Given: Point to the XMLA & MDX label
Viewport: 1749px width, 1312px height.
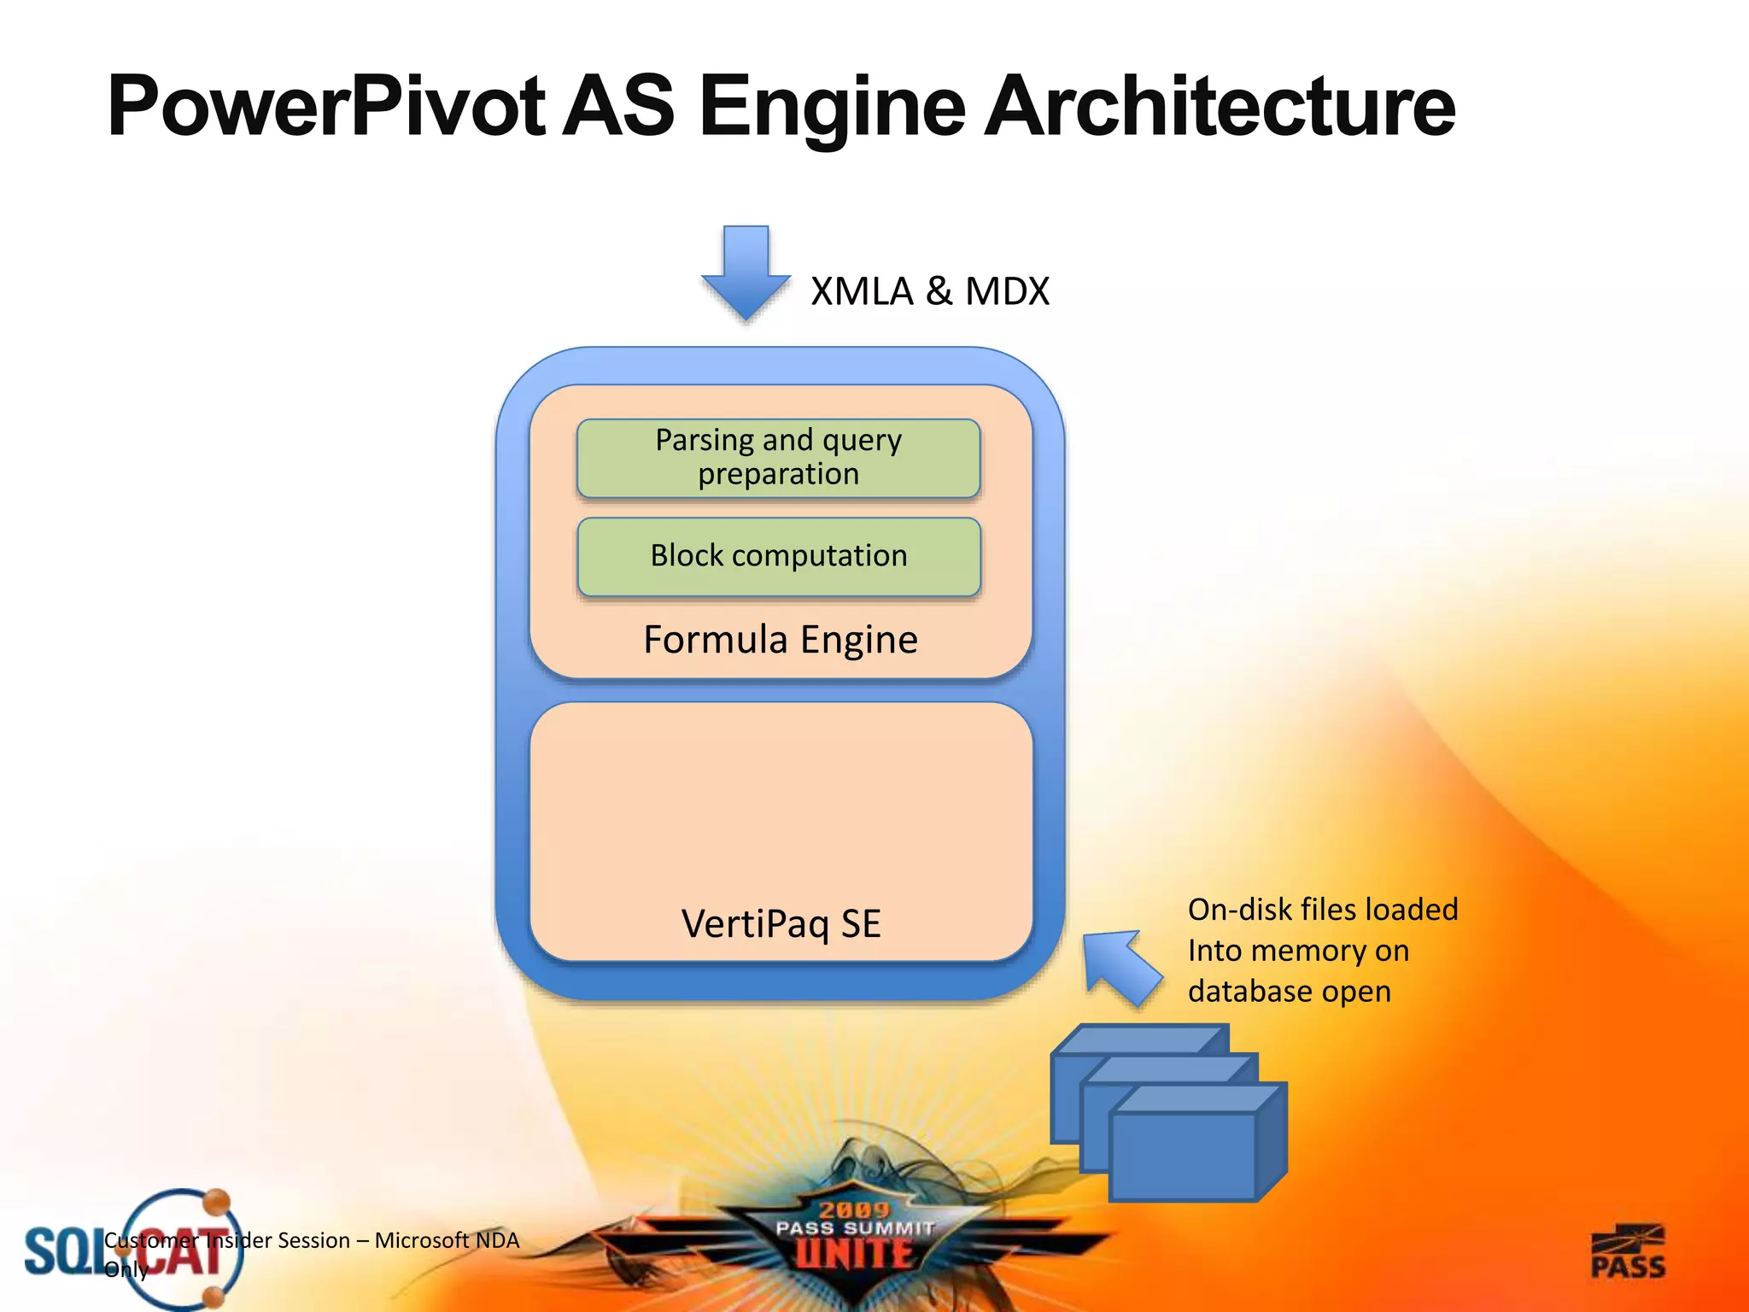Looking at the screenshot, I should click(x=929, y=291).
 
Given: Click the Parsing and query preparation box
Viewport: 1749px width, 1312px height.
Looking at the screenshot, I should click(x=778, y=458).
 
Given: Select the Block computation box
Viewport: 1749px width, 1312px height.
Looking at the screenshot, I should click(x=778, y=556).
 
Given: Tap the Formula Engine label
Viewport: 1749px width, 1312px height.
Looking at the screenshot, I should click(x=780, y=640).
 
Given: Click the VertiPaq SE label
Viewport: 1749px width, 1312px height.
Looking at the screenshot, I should click(x=781, y=924).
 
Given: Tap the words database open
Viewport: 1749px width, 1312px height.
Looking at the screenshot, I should click(x=1289, y=992).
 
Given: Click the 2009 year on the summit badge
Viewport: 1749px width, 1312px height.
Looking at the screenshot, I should click(x=854, y=1209).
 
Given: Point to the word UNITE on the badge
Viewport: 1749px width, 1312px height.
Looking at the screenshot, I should click(x=854, y=1254).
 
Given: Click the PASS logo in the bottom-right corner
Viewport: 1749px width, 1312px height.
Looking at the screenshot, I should click(x=1628, y=1253).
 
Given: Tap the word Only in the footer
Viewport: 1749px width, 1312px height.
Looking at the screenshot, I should click(x=126, y=1270).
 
